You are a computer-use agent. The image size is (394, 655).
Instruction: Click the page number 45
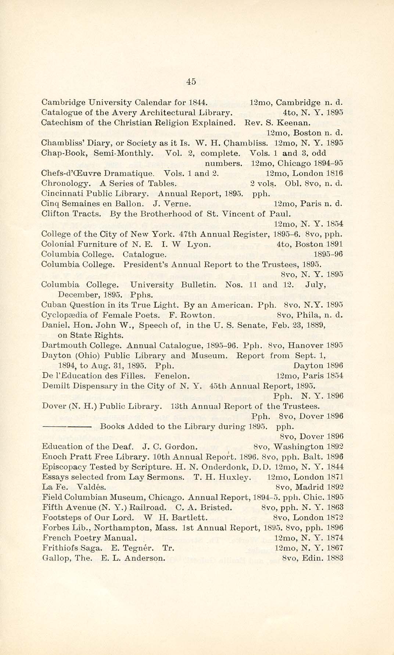click(191, 82)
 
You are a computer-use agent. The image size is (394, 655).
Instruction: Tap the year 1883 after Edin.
click(334, 558)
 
